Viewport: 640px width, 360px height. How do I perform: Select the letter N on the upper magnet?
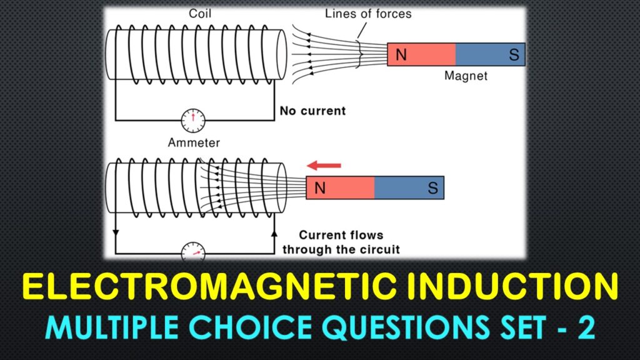coord(401,55)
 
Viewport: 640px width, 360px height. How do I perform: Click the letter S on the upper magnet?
coord(514,55)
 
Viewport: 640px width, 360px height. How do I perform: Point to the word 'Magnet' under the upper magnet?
coord(466,76)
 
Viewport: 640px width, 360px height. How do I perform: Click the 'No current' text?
coord(312,111)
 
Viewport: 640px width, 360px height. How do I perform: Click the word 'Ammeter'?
coord(194,143)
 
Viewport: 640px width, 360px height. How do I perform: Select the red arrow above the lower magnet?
coord(324,166)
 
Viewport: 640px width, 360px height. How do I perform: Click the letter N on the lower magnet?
coord(320,187)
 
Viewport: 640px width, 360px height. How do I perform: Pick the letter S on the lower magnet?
coord(432,187)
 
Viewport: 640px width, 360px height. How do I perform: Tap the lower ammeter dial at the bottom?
coord(193,252)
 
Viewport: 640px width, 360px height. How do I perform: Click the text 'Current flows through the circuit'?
coord(341,242)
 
